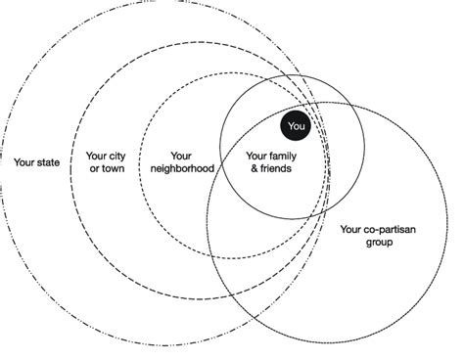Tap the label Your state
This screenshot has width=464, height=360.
(x=37, y=161)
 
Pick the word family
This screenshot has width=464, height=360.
(x=282, y=155)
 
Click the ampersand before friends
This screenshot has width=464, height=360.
(x=253, y=167)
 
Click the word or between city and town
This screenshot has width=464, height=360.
(x=94, y=167)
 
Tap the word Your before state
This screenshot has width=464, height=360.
(x=25, y=161)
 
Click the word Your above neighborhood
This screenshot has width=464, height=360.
(x=180, y=155)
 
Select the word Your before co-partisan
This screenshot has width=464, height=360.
(x=349, y=230)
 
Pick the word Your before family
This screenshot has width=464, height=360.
(x=256, y=155)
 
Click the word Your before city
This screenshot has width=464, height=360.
(x=96, y=155)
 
